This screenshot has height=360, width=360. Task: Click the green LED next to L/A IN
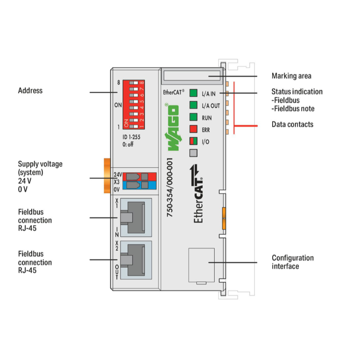[193, 93]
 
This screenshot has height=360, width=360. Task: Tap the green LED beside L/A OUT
[193, 105]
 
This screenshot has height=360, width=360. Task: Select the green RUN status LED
[193, 117]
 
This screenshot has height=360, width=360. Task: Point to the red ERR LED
[193, 129]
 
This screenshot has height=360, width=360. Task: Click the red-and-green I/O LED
[193, 141]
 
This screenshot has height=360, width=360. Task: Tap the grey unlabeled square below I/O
[193, 153]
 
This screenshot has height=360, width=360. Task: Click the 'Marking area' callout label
[291, 76]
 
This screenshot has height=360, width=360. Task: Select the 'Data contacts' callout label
[292, 124]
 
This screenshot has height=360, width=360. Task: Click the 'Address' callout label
[30, 90]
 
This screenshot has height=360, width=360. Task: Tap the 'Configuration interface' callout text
[292, 262]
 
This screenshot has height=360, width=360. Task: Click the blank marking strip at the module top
[192, 76]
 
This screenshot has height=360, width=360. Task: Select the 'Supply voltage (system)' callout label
[40, 168]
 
